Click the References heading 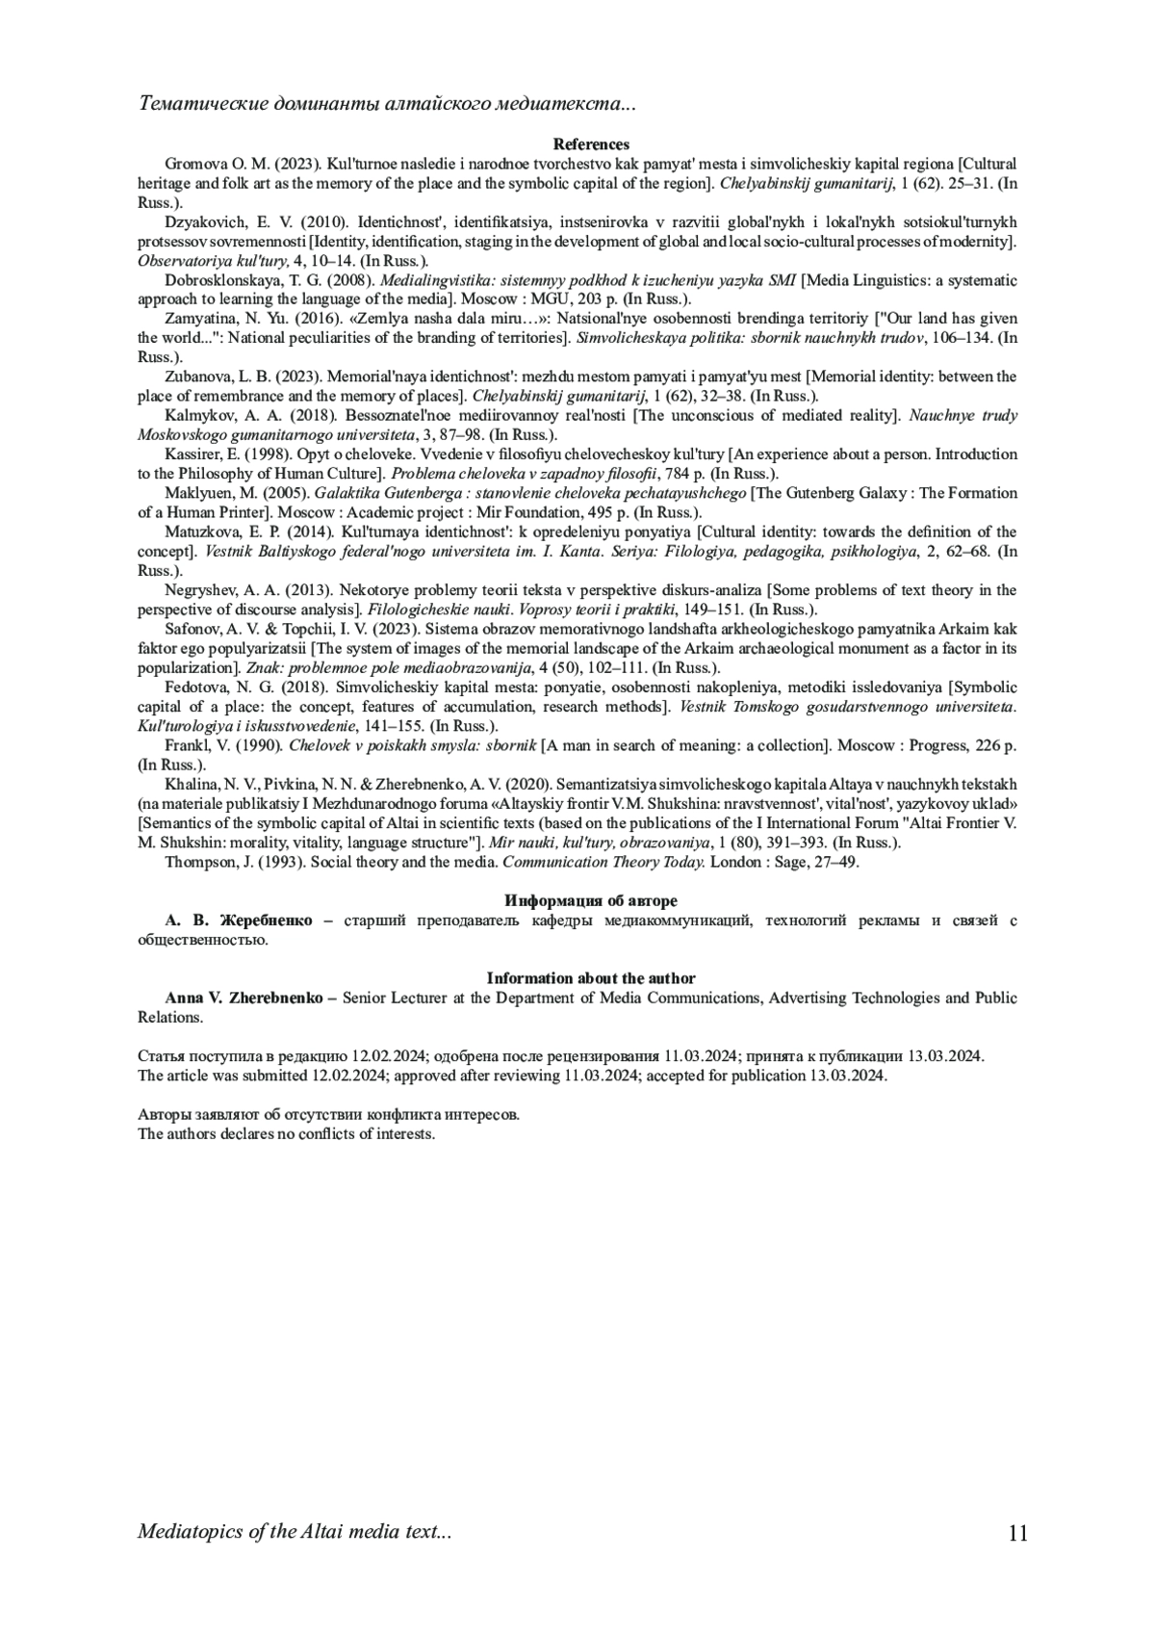(591, 144)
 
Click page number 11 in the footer (1018, 1533)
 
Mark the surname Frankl (186, 745)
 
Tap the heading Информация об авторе (591, 901)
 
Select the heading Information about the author (591, 978)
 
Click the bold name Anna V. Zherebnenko (243, 999)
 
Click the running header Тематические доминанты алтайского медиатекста (387, 103)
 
